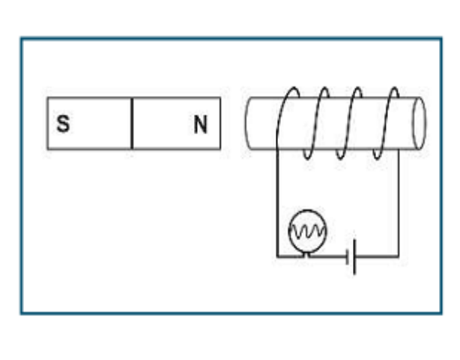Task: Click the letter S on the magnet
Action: point(64,124)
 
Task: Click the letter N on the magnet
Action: point(201,124)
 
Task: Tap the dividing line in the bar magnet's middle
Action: point(132,123)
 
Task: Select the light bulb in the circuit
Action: point(307,232)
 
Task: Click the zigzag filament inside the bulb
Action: point(307,232)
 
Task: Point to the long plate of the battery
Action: point(354,257)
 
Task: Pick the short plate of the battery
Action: point(348,257)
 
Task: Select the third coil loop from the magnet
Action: point(349,123)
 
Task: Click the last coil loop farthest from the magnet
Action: point(386,123)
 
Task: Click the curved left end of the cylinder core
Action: point(246,123)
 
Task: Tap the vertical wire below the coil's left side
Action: point(277,203)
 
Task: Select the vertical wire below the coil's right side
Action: point(399,203)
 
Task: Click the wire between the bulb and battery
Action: point(328,256)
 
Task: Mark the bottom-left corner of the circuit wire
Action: point(277,257)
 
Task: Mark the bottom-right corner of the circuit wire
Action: point(399,257)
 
